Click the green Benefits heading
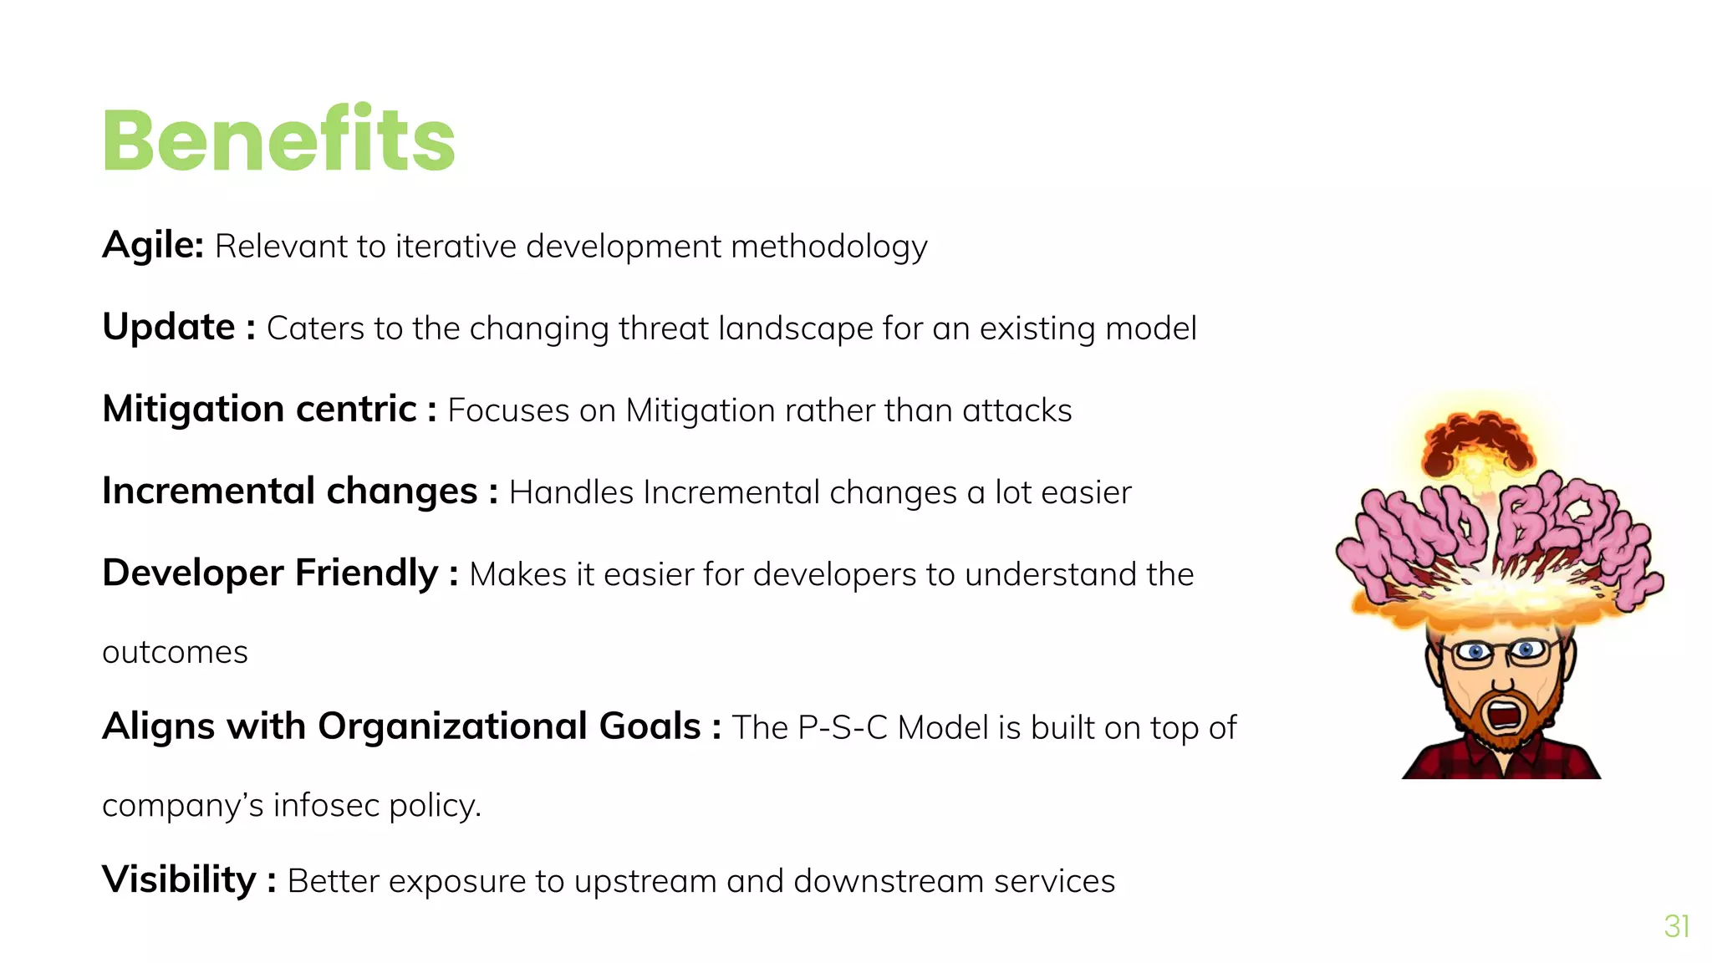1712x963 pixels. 278,140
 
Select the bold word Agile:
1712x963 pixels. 153,246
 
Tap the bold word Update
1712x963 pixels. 168,327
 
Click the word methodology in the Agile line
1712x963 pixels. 828,247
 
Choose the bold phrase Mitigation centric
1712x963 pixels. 259,409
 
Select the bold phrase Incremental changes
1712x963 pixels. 289,491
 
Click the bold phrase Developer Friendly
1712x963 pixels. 270,573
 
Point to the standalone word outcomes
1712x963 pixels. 175,652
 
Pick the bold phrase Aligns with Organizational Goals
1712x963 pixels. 401,726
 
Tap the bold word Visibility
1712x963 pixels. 179,879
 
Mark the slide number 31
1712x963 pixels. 1676,926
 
